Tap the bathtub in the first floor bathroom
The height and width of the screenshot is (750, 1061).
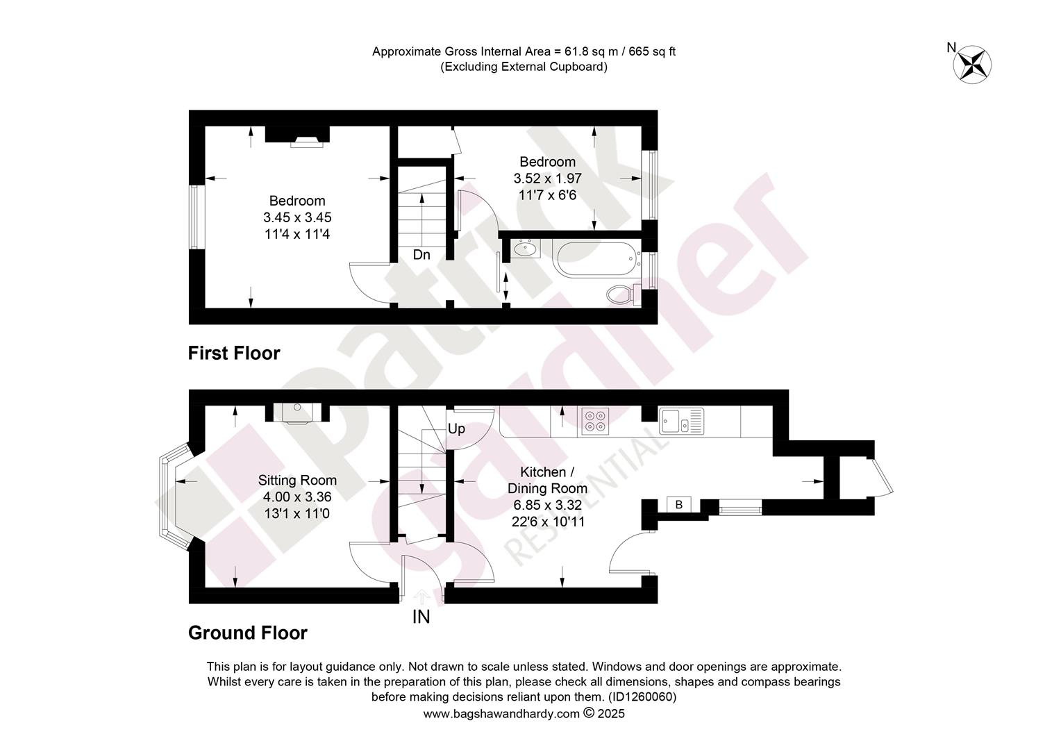pyautogui.click(x=597, y=259)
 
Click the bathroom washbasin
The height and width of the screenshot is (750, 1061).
pyautogui.click(x=525, y=248)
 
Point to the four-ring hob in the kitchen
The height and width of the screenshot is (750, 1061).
pyautogui.click(x=595, y=422)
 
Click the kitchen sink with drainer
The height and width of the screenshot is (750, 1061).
pyautogui.click(x=681, y=421)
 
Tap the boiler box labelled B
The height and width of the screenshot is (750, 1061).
pyautogui.click(x=679, y=505)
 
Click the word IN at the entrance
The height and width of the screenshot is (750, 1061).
pyautogui.click(x=421, y=617)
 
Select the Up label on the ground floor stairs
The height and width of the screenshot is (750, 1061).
pyautogui.click(x=456, y=428)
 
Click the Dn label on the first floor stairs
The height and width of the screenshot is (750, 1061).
pyautogui.click(x=421, y=255)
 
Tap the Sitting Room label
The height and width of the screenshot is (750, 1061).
pyautogui.click(x=297, y=480)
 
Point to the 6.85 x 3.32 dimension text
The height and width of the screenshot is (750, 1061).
pyautogui.click(x=548, y=505)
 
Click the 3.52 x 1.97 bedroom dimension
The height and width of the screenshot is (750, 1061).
pyautogui.click(x=548, y=178)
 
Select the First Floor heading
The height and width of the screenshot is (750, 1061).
pyautogui.click(x=234, y=353)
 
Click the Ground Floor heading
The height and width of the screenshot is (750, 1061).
pyautogui.click(x=248, y=633)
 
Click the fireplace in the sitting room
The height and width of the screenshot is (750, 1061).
pyautogui.click(x=297, y=412)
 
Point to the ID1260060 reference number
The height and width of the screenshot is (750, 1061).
pyautogui.click(x=641, y=697)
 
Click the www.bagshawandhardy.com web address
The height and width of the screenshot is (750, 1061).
pyautogui.click(x=501, y=713)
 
